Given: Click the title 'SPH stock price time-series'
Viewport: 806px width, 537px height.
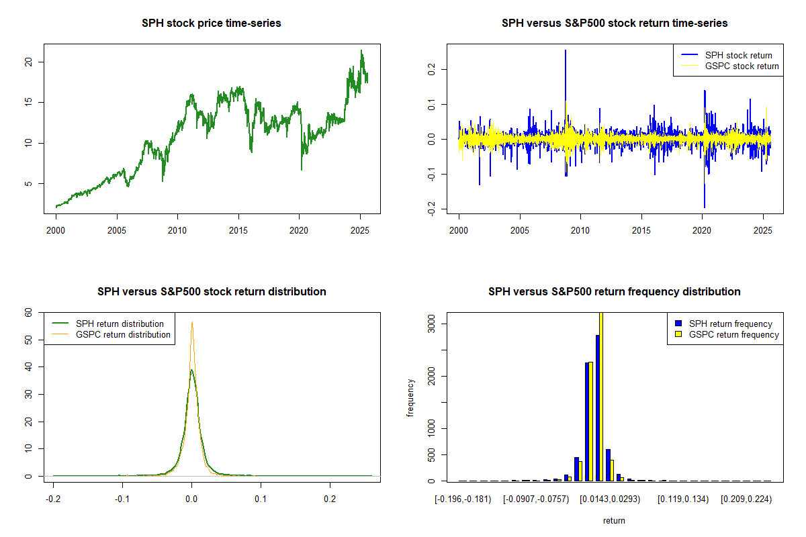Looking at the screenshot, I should pyautogui.click(x=211, y=23).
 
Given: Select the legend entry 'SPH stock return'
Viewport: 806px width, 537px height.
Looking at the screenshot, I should pyautogui.click(x=738, y=55).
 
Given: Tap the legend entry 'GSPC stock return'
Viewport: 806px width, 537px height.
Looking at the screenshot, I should pyautogui.click(x=742, y=66).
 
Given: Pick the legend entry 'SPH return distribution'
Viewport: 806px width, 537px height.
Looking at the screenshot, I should pyautogui.click(x=120, y=324).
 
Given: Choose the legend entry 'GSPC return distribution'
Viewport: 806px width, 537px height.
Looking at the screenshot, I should pyautogui.click(x=123, y=334).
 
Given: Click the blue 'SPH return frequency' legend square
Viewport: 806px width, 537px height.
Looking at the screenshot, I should pyautogui.click(x=678, y=324).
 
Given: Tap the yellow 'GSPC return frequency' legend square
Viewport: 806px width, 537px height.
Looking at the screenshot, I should pyautogui.click(x=678, y=334).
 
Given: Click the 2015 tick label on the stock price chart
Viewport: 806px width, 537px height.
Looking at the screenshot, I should pyautogui.click(x=238, y=229).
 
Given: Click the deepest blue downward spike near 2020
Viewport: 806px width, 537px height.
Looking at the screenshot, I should pyautogui.click(x=705, y=206).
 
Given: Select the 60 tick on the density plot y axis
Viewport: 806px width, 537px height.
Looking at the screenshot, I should pyautogui.click(x=28, y=312).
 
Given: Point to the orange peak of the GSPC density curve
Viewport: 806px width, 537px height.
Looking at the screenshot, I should pyautogui.click(x=192, y=323).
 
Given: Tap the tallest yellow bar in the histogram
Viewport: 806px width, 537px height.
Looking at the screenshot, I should pyautogui.click(x=601, y=396).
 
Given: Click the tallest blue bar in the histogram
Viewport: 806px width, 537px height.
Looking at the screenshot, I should pyautogui.click(x=597, y=407).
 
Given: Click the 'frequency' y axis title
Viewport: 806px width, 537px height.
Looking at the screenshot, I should pyautogui.click(x=410, y=397).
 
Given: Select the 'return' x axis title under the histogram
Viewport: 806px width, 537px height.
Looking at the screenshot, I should pyautogui.click(x=614, y=520).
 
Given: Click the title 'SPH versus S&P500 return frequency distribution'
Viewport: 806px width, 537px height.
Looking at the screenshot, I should pyautogui.click(x=614, y=292).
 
